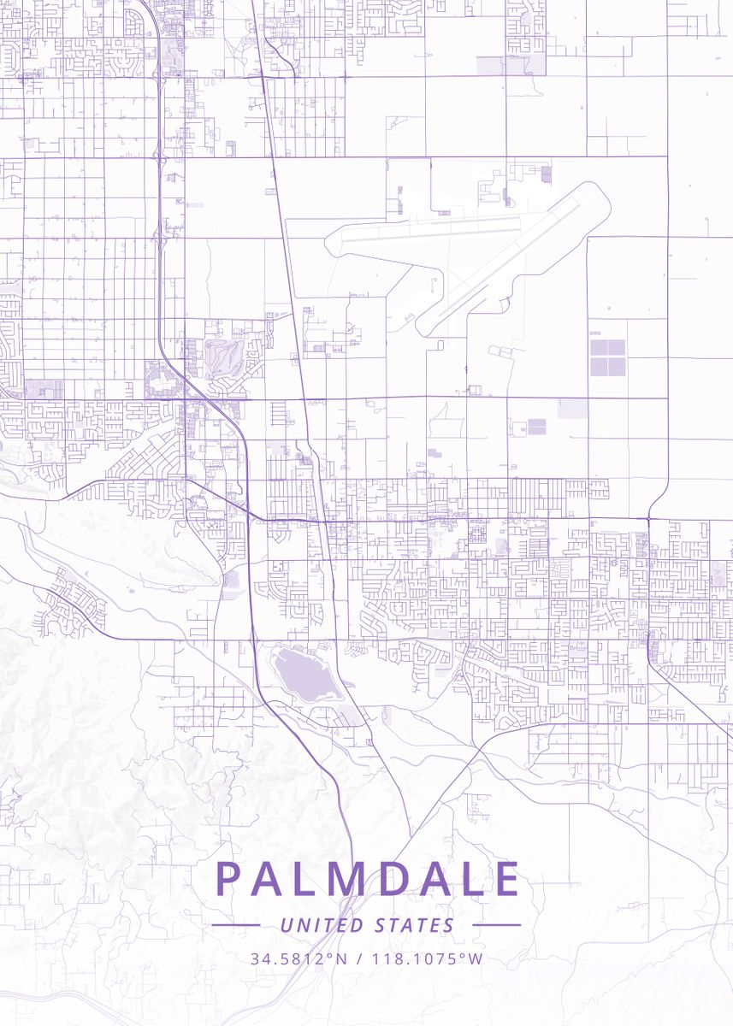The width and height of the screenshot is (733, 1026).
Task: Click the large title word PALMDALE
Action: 367,879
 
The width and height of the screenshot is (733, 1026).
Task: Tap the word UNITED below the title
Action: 311,925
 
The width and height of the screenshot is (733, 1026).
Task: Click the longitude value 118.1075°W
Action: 426,958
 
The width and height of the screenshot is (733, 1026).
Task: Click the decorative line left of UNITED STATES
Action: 236,925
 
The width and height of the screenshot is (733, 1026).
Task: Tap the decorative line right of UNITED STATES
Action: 496,925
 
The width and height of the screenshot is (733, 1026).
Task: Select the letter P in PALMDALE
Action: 227,879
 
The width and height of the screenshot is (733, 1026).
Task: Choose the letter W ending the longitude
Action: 476,958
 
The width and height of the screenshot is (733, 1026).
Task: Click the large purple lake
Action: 303,675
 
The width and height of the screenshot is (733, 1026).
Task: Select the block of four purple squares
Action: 607,357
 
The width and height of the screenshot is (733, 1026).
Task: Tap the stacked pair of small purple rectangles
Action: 536,426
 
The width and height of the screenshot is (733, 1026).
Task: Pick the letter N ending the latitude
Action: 341,958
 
